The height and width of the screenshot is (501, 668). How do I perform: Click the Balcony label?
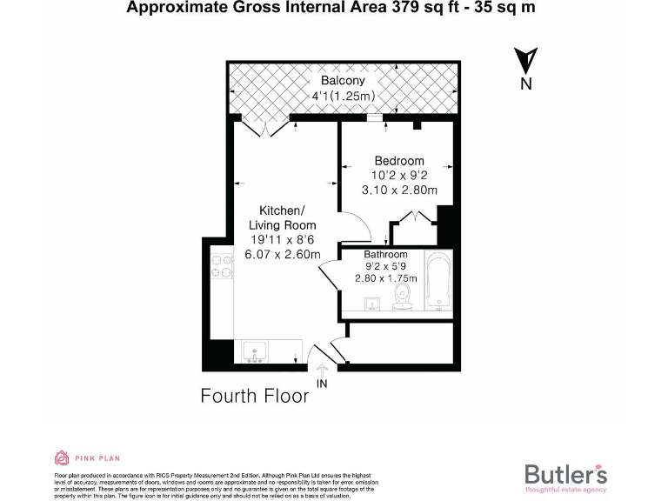[343, 80]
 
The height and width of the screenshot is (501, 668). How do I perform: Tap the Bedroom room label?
[399, 160]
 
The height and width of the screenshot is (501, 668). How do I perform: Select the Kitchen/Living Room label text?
[282, 218]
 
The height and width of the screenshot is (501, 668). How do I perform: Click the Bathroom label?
[386, 255]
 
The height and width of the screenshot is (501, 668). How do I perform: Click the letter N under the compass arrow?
[525, 84]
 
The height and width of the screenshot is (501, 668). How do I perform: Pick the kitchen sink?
[256, 351]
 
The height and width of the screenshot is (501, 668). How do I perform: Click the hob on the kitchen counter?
[221, 266]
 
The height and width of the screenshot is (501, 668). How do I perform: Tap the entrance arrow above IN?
[321, 370]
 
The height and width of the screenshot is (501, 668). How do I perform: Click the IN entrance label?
[322, 384]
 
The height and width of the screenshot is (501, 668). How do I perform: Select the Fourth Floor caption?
[255, 396]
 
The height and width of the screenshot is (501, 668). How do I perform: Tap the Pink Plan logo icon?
[62, 458]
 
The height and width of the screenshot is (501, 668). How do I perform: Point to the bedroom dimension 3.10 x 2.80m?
[399, 190]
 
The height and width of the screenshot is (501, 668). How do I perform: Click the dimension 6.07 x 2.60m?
[283, 254]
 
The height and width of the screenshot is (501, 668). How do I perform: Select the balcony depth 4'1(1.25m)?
[343, 96]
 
